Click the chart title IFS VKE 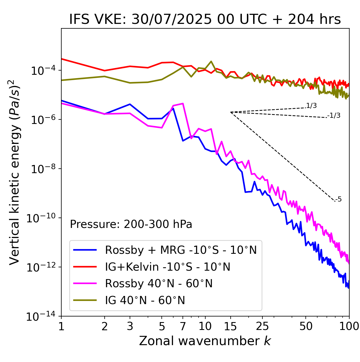205,20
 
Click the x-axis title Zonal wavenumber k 205,341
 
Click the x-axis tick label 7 183,326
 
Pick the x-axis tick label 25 262,326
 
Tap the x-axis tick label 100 349,326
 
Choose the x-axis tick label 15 230,326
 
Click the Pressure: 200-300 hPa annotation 131,224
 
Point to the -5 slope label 338,200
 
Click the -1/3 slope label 334,116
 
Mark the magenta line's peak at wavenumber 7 183,103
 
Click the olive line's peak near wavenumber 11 211,61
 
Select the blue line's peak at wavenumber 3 130,104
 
